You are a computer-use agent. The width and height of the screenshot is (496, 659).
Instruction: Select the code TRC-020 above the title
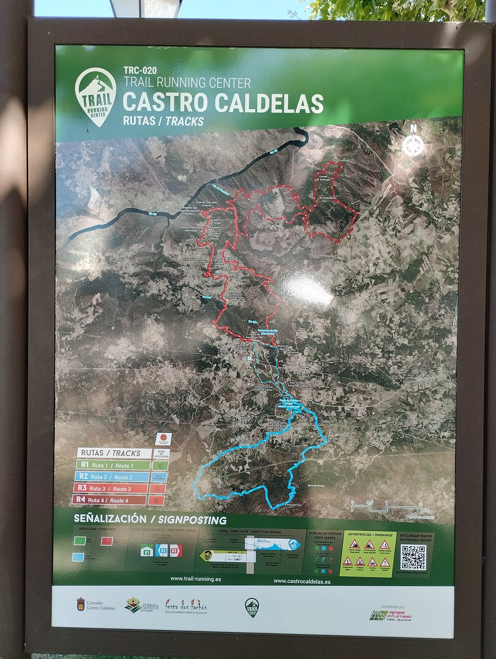click(140, 71)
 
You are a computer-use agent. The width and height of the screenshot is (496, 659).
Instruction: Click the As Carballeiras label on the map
click(329, 198)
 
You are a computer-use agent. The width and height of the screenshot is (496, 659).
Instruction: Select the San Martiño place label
click(241, 442)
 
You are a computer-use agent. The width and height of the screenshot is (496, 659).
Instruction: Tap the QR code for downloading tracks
click(414, 557)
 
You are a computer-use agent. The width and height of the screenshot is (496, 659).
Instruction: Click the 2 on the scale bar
click(421, 503)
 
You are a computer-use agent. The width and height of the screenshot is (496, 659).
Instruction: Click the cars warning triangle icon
click(373, 561)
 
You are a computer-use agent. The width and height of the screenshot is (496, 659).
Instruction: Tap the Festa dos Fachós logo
click(186, 606)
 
